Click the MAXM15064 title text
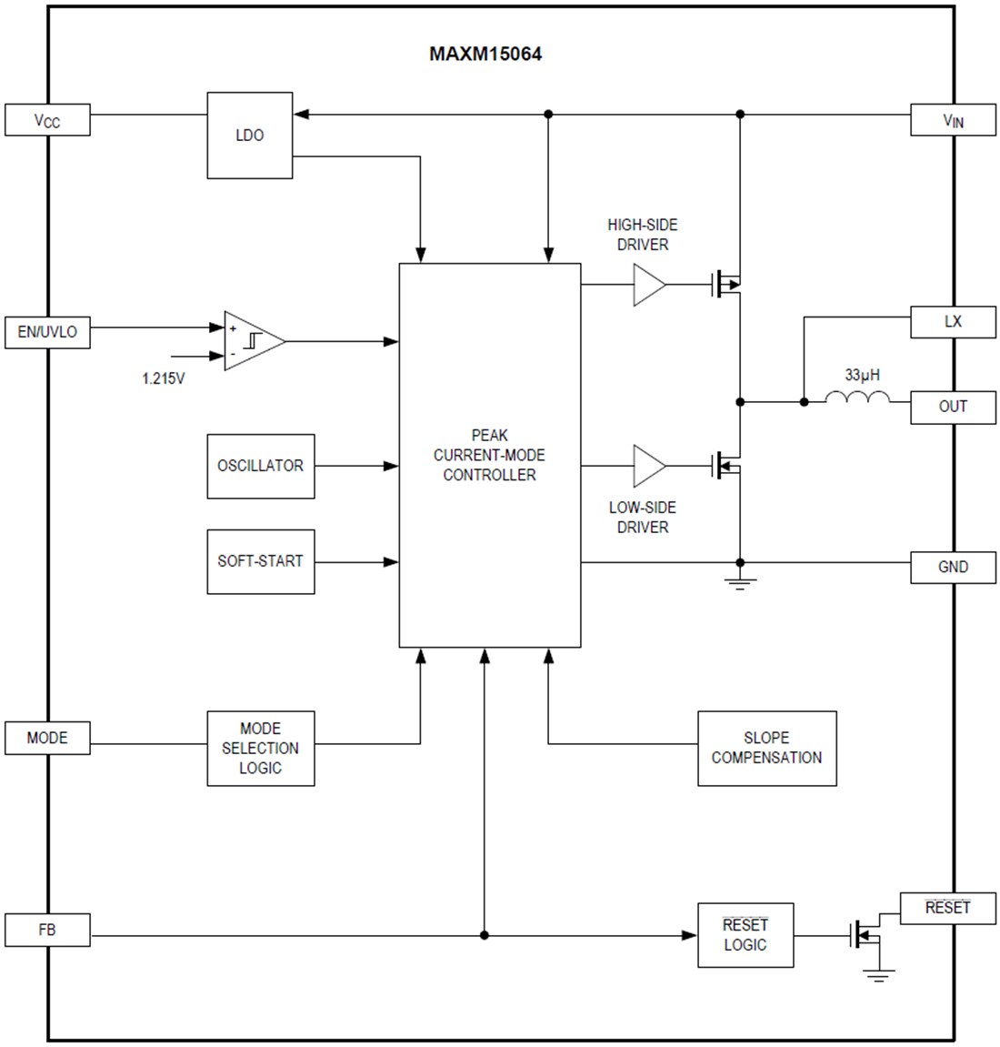[x=485, y=54]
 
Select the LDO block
[x=250, y=136]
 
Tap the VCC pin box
[x=47, y=120]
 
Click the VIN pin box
[x=953, y=120]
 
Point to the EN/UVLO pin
[x=47, y=332]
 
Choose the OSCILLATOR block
[x=261, y=466]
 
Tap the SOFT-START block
[x=261, y=561]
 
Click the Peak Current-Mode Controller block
[x=490, y=455]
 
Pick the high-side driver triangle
[x=648, y=285]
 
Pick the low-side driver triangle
[x=648, y=466]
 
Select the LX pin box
[x=953, y=322]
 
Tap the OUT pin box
[x=953, y=407]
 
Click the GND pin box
[x=953, y=567]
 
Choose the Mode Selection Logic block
[x=261, y=749]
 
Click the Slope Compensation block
[x=766, y=748]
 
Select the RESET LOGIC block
[x=745, y=935]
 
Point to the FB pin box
[x=47, y=931]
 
